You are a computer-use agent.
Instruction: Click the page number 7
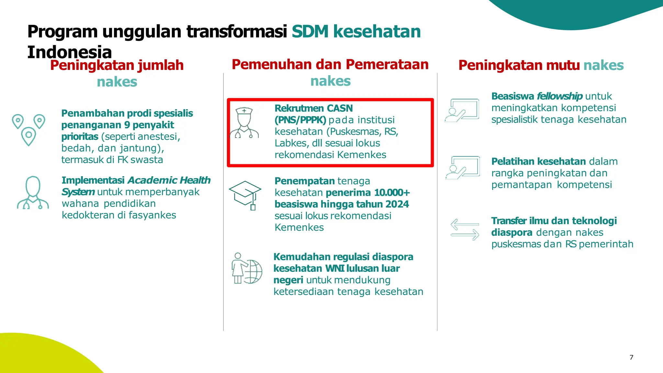tap(631, 357)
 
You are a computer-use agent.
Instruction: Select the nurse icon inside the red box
tap(244, 123)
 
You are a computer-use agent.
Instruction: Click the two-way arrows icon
tap(465, 230)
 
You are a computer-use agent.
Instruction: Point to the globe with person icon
tap(247, 268)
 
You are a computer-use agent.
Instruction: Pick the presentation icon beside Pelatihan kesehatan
tap(463, 168)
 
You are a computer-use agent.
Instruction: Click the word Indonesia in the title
tap(69, 52)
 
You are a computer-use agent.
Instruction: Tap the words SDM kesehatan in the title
tap(356, 32)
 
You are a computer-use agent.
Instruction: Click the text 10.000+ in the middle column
tap(392, 193)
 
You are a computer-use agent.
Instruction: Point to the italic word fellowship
tap(559, 96)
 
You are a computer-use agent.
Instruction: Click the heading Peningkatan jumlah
tap(117, 65)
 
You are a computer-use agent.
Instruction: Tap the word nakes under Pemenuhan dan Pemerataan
tap(330, 81)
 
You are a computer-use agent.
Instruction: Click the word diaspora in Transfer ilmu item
tap(511, 232)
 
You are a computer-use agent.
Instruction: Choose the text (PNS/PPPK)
tap(300, 120)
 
